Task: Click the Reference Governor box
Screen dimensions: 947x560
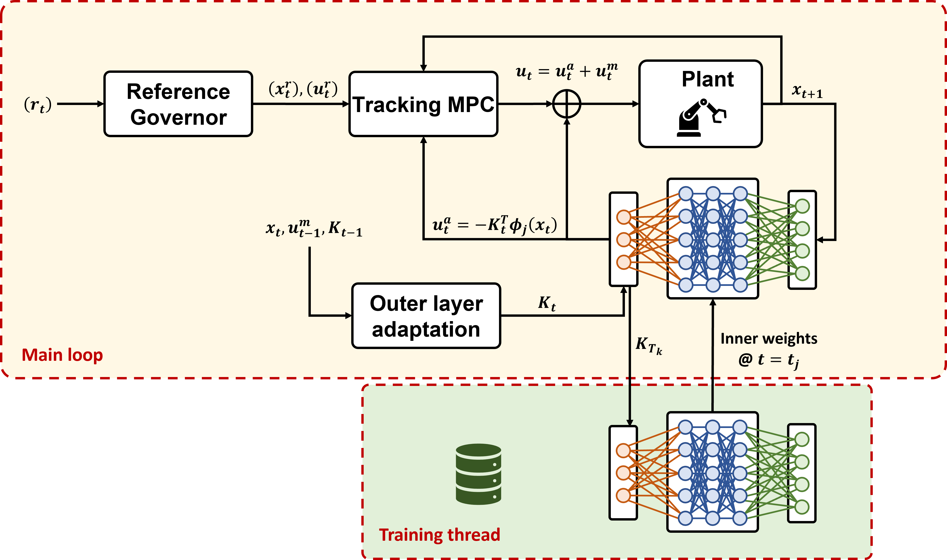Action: [x=178, y=104]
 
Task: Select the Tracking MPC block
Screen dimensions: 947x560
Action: [x=423, y=104]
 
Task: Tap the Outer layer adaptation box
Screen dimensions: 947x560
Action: [x=426, y=315]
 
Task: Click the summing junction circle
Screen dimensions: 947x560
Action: [x=566, y=104]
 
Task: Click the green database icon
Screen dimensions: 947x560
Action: [x=478, y=474]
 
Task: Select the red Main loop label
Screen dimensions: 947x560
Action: [x=62, y=355]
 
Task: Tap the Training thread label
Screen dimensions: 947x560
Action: [x=440, y=535]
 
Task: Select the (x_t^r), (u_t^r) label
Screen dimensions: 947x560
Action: [x=303, y=90]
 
